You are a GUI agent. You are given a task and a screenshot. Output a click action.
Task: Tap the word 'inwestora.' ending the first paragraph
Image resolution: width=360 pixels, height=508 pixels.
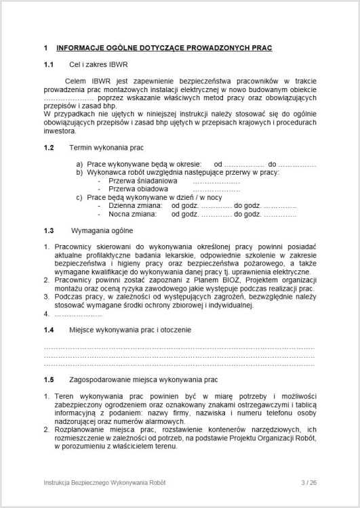tap(60, 131)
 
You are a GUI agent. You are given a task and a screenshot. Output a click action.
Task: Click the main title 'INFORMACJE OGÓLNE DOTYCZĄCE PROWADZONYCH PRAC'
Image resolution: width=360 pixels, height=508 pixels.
tap(164, 48)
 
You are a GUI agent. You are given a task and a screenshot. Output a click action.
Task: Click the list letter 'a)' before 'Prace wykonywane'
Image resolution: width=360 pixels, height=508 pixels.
tap(79, 165)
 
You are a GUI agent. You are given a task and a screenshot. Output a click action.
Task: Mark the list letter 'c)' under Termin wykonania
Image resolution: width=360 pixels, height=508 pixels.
tap(79, 197)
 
